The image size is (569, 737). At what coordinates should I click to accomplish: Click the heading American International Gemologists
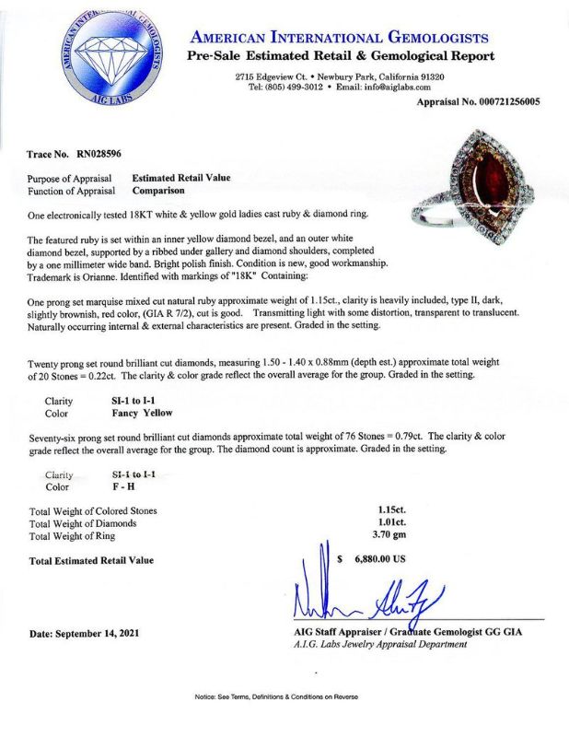click(x=338, y=38)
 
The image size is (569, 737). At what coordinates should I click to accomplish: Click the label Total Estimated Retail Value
click(x=91, y=560)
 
